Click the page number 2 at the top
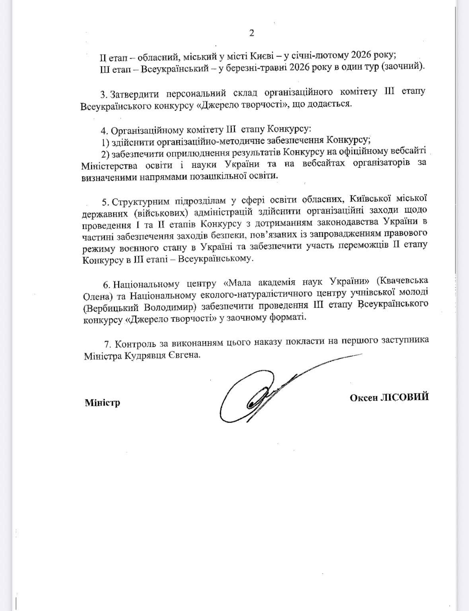pos(251,33)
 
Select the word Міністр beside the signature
pos(102,403)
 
